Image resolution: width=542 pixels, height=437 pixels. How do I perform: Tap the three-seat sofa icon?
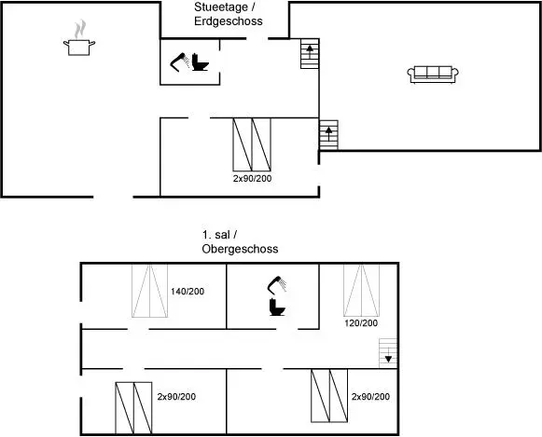click(x=433, y=75)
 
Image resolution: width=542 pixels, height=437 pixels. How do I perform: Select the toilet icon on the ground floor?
click(x=201, y=62)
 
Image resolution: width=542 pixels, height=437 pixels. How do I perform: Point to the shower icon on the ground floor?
click(x=180, y=62)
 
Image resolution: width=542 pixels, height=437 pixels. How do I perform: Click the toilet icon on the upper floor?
click(x=277, y=307)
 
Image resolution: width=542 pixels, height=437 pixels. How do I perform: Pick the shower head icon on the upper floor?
click(x=277, y=285)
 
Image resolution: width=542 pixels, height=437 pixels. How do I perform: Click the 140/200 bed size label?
click(x=188, y=292)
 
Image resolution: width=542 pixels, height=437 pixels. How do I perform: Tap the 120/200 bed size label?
click(x=361, y=323)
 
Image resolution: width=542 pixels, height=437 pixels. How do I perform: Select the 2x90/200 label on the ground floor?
click(x=252, y=179)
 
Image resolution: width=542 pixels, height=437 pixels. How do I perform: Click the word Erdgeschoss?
click(x=229, y=21)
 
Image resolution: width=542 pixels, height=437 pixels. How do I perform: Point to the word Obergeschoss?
click(x=240, y=249)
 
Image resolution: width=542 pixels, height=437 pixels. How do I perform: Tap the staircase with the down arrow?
click(x=388, y=353)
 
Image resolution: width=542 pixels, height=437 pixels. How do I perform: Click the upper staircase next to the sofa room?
click(x=310, y=53)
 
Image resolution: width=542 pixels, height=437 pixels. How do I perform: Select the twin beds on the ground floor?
click(x=252, y=144)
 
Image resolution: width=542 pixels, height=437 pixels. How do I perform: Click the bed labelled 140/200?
click(x=149, y=291)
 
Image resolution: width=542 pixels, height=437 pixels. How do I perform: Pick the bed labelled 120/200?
click(x=362, y=291)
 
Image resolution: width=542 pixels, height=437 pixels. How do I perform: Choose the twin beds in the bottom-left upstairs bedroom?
click(x=133, y=408)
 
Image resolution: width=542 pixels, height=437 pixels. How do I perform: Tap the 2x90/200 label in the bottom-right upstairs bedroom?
click(x=370, y=397)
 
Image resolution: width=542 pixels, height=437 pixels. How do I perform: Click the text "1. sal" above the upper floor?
click(x=216, y=235)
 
